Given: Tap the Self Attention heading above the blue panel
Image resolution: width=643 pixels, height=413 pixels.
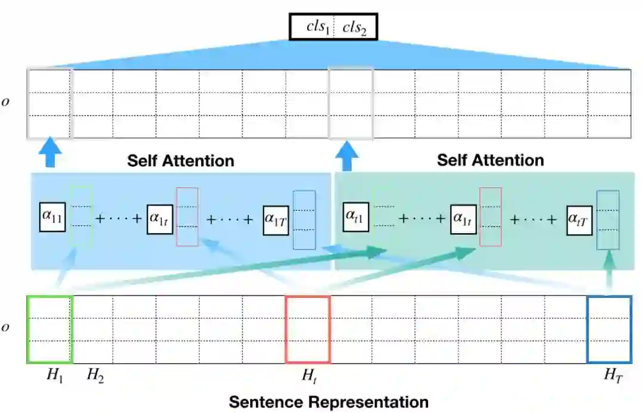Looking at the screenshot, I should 180,160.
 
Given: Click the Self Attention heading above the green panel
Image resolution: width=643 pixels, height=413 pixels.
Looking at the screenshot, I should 490,160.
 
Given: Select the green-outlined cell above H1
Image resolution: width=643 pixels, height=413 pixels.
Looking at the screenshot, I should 49,329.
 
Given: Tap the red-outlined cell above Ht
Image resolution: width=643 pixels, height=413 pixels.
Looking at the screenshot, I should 308,329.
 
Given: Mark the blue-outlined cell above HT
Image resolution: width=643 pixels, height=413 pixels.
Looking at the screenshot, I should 608,329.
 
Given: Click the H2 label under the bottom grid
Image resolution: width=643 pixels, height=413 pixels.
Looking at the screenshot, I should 95,375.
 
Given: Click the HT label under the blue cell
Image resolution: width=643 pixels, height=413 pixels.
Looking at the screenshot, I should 613,375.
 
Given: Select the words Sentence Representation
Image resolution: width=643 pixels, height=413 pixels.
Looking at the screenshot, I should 329,402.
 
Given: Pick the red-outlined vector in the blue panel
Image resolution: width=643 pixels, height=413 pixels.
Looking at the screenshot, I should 187,216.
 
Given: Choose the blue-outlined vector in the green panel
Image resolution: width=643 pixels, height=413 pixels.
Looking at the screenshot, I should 608,219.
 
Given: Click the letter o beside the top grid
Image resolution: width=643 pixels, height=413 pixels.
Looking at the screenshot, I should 5,102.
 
